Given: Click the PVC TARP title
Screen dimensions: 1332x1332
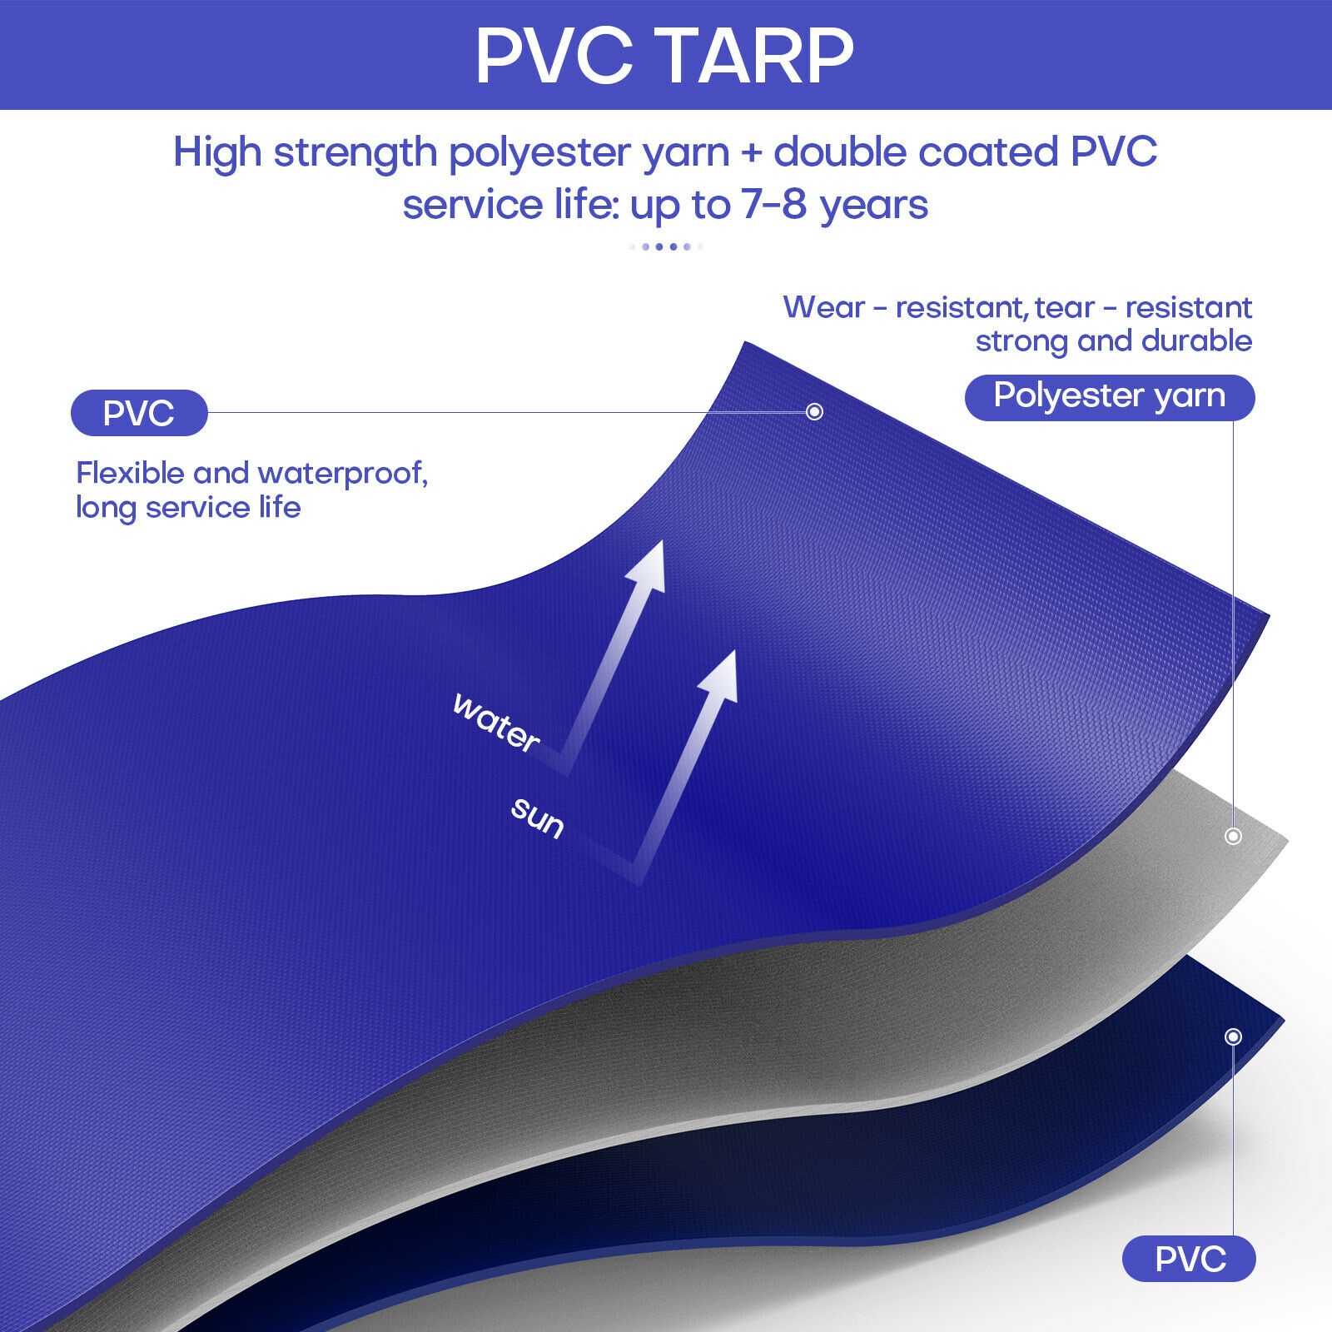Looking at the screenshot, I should [664, 56].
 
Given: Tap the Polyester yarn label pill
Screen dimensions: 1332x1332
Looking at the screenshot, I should [1109, 397].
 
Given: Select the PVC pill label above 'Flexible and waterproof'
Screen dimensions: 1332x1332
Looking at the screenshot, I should [139, 413].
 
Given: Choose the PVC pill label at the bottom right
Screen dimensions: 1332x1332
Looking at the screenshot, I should [1189, 1259].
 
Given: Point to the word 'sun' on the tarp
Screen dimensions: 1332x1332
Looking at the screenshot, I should [538, 817].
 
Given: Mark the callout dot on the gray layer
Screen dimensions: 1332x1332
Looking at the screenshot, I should [1233, 836].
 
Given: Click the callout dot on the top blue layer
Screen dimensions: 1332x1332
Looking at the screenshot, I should [815, 411].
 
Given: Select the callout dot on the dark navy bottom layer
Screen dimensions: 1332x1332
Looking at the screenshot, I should [1233, 1036].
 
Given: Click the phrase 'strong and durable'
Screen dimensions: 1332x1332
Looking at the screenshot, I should [1113, 341].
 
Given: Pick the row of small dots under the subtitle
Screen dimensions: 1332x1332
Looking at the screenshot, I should [666, 246].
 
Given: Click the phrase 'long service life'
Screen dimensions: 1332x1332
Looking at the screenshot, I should [188, 508].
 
